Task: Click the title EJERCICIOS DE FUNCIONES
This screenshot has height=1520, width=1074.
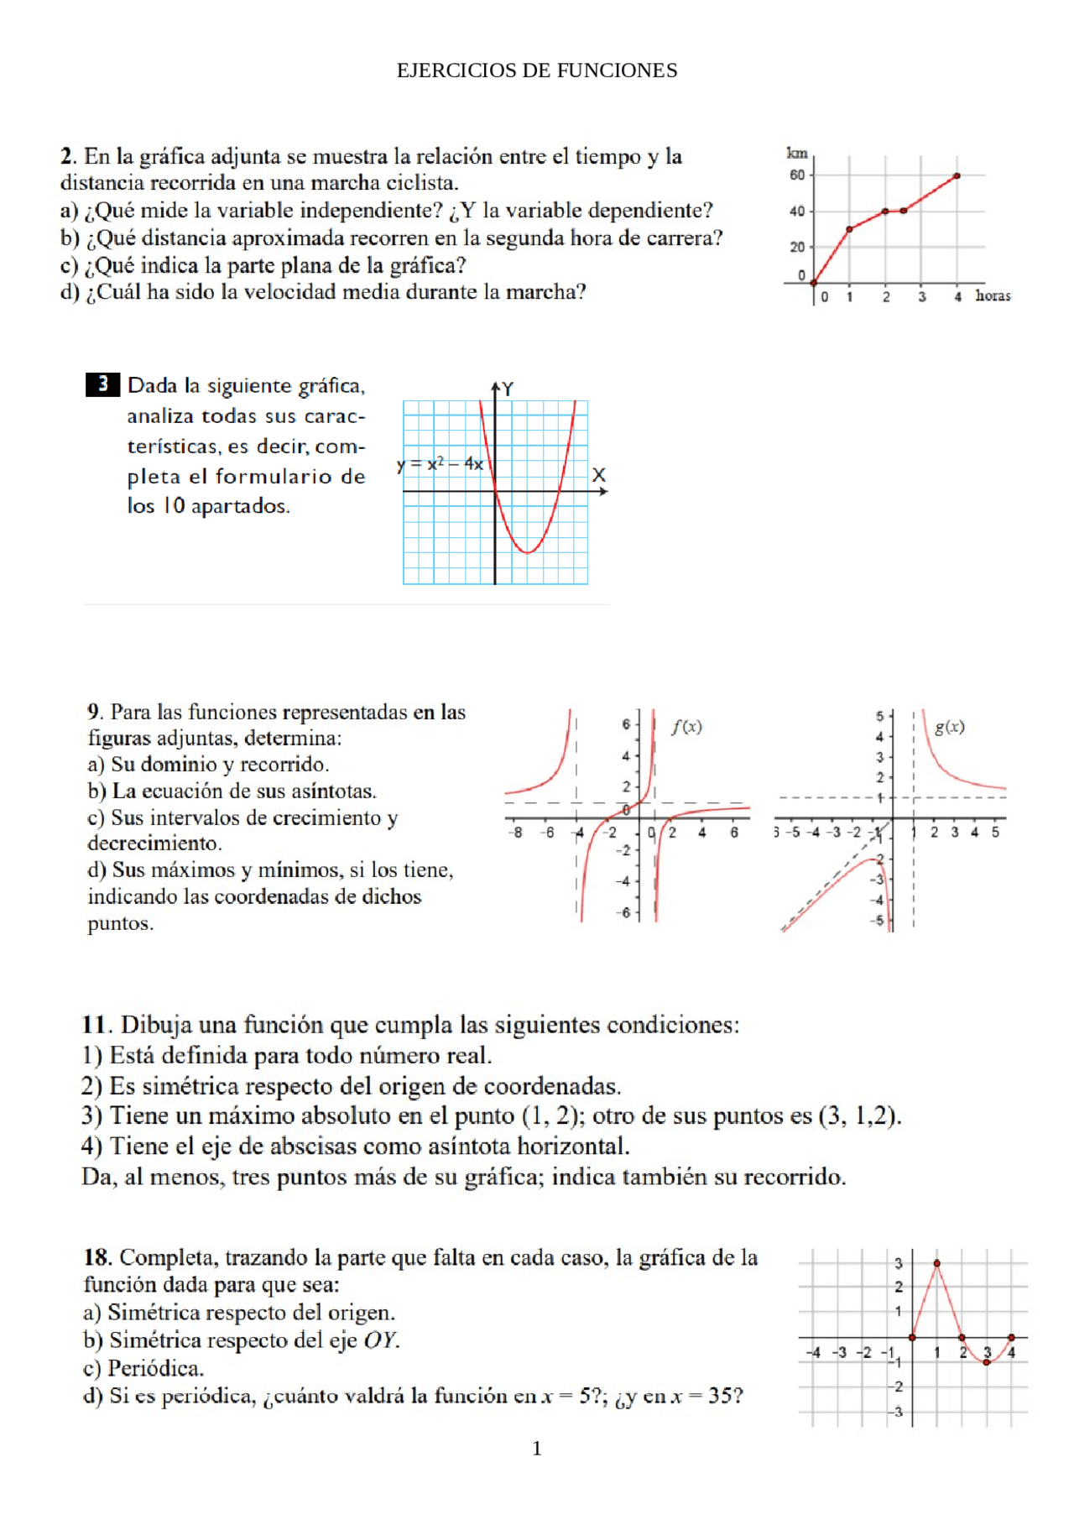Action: tap(536, 71)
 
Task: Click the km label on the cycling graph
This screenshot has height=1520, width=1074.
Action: tap(796, 153)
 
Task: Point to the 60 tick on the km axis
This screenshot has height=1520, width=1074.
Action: tap(796, 175)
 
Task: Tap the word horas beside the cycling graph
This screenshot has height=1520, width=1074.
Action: tap(993, 296)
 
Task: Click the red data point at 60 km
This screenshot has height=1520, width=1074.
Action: tap(957, 176)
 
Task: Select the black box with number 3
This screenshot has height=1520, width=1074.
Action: tap(102, 384)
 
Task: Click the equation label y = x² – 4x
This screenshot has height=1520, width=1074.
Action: tap(440, 464)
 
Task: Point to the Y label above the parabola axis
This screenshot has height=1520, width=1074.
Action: tap(508, 389)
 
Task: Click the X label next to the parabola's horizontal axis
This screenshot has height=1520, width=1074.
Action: tap(598, 475)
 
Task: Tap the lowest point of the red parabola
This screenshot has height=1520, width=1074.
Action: tap(527, 553)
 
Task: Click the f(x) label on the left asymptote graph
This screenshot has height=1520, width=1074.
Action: tap(686, 727)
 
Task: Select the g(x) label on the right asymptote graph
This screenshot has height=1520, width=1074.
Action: tap(949, 727)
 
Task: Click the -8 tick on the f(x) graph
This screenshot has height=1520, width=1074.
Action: tap(515, 833)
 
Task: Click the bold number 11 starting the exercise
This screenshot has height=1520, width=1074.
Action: tap(94, 1025)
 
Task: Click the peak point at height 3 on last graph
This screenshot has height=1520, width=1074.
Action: tap(936, 1263)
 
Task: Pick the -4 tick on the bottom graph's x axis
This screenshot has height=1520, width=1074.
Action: tap(812, 1353)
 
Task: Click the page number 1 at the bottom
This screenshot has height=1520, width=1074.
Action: tap(537, 1449)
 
